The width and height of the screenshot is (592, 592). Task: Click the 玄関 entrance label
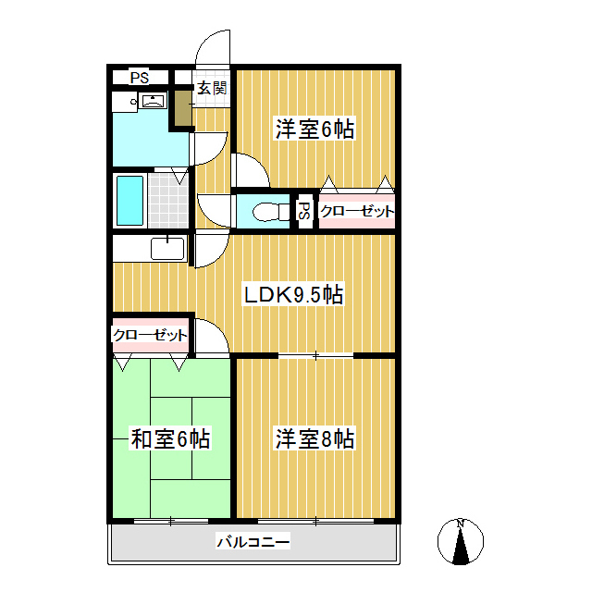pos(212,89)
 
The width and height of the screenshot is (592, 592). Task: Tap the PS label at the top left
pos(140,78)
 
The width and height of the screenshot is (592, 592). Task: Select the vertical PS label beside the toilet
pos(304,211)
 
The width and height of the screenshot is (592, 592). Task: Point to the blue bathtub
pos(129,201)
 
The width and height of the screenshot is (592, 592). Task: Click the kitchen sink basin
pos(167,249)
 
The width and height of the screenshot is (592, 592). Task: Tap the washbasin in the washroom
pos(153,101)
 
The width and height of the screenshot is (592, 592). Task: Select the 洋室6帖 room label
pos(314,129)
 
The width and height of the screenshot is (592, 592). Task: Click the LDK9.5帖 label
pos(293,294)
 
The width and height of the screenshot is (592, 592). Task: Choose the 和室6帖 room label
pos(170,438)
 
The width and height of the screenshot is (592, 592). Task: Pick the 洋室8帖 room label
pos(314,438)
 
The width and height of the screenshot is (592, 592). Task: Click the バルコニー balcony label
pos(253,542)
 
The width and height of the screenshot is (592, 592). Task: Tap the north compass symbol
pos(461,541)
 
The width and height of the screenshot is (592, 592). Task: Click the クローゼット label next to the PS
pos(357,211)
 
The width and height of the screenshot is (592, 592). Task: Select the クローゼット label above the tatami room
pos(150,335)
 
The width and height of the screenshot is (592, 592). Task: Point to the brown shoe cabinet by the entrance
pos(183,108)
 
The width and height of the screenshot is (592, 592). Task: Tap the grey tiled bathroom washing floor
pos(168,201)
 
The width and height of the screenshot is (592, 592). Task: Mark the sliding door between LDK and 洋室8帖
pos(315,355)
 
